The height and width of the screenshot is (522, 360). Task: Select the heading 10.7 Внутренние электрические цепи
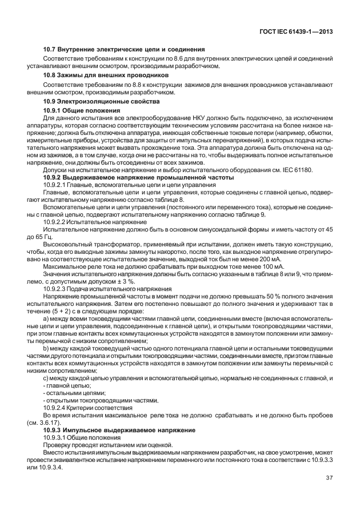(x=124, y=50)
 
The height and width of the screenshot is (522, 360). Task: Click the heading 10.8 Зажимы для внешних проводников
(x=106, y=74)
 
